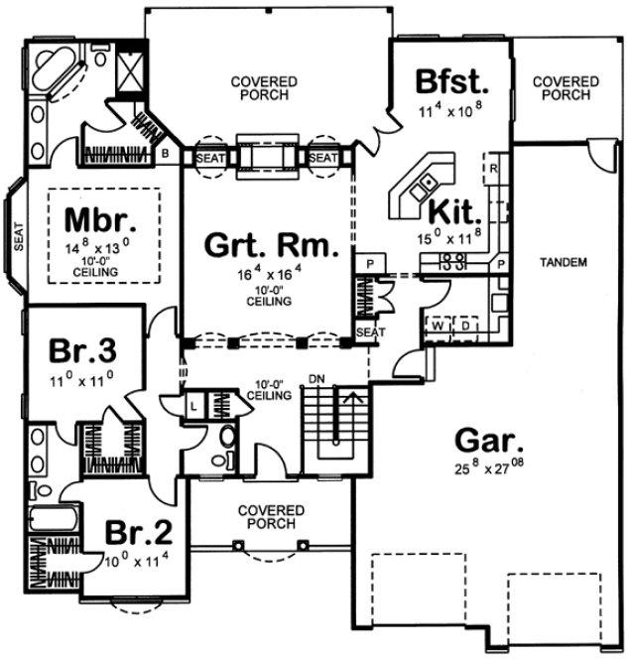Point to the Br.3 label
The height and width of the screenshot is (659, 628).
[84, 351]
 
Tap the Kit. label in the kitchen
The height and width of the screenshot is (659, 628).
[456, 210]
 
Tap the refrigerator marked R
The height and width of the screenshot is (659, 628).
[493, 168]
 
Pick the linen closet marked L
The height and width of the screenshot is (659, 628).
[195, 407]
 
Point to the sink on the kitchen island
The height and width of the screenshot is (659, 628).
[427, 182]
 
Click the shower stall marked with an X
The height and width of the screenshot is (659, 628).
[130, 69]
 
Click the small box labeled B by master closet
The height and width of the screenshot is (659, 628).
[164, 155]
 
